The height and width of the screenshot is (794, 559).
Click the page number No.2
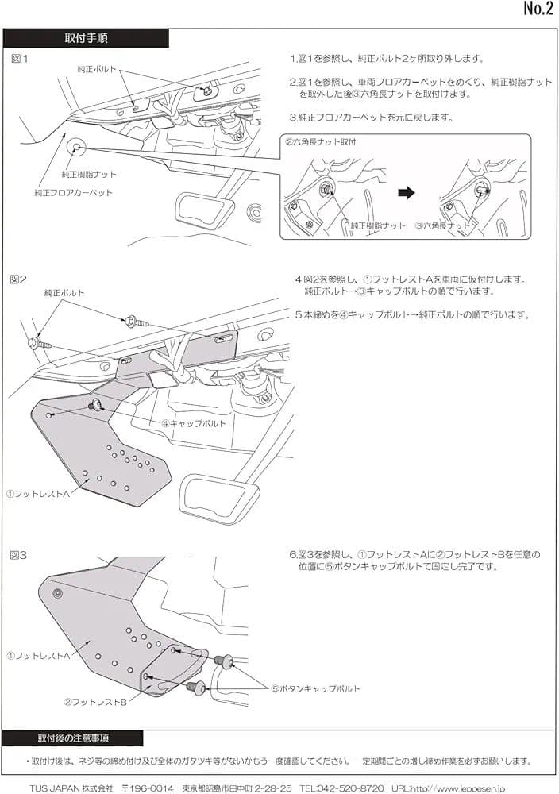tap(538, 10)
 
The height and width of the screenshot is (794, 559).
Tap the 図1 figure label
tap(20, 59)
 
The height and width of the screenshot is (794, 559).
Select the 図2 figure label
tap(20, 279)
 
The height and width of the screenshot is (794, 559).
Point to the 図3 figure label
tap(20, 555)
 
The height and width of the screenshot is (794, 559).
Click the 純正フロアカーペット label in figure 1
tap(74, 193)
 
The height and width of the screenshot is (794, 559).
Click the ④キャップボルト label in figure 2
tap(194, 424)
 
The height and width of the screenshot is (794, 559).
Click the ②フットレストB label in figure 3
tap(96, 702)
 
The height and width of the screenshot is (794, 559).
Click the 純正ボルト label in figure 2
tap(64, 293)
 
